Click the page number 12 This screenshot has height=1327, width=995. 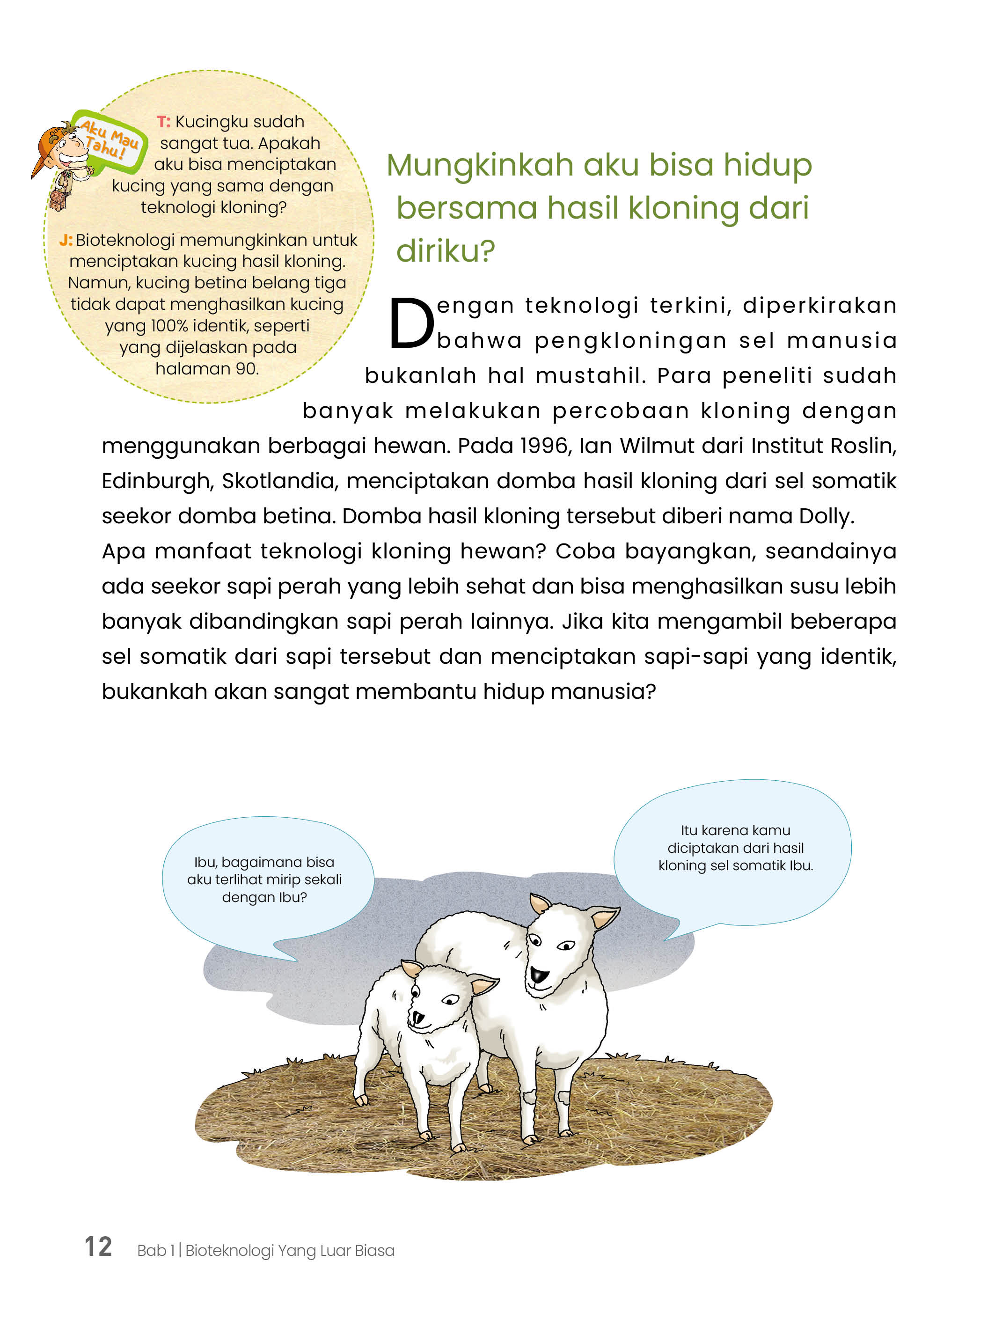point(98,1246)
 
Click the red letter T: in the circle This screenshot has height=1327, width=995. point(164,122)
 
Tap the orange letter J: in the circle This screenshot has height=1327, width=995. point(66,241)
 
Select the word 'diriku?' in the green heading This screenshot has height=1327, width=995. point(446,251)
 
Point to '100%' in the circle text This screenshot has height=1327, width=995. point(169,326)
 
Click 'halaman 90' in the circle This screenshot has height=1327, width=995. point(207,368)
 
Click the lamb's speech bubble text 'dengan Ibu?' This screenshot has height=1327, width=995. point(264,897)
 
